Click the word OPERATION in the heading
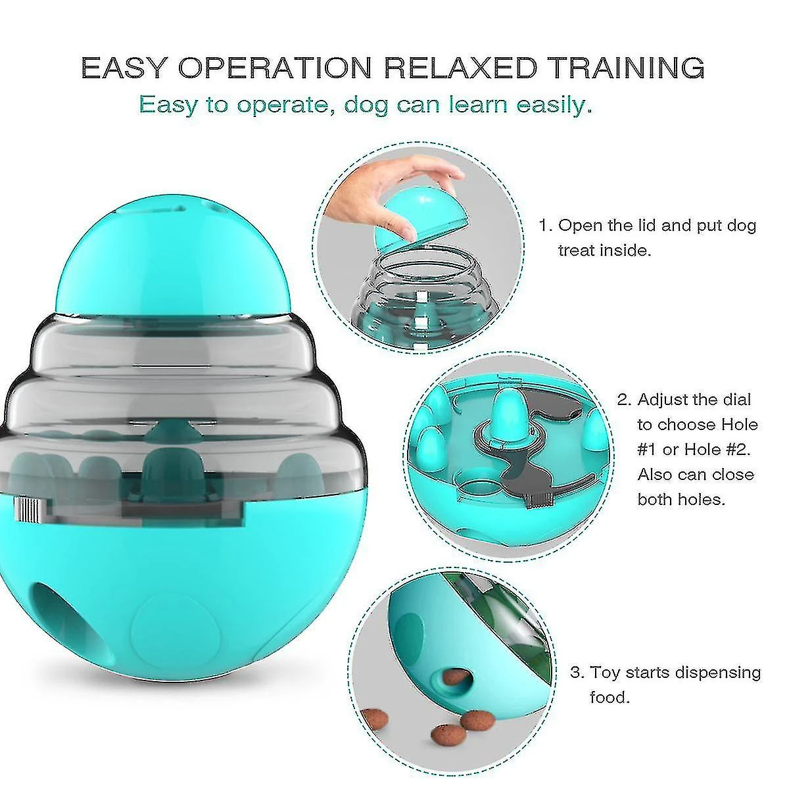click(275, 67)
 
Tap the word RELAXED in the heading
click(461, 67)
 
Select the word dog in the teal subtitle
click(366, 106)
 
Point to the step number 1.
click(545, 226)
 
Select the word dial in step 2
click(735, 399)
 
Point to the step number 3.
click(576, 673)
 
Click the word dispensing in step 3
click(704, 673)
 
